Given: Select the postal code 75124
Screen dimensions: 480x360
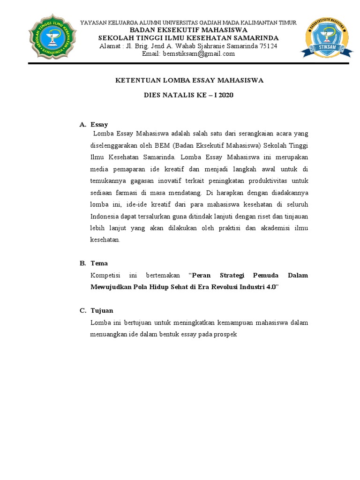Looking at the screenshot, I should point(268,46).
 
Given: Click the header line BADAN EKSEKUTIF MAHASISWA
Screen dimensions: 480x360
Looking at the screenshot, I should point(188,30).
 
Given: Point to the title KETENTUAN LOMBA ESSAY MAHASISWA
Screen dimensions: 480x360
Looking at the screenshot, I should point(189,81).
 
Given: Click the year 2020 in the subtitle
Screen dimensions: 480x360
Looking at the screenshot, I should point(224,95).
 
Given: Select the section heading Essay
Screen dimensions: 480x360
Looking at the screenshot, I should point(99,125).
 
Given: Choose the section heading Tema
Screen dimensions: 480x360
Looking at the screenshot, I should point(99,263).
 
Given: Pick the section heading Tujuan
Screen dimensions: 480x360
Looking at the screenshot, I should point(101,311).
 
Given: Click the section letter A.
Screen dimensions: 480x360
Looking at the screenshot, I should point(82,125).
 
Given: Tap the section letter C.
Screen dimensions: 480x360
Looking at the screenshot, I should point(82,311).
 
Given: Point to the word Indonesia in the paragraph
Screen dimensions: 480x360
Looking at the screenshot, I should point(105,216).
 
